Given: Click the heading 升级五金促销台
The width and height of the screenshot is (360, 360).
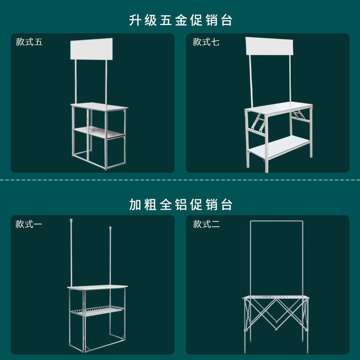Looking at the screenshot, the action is [180, 21].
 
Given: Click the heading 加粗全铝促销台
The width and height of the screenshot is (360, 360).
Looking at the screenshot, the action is [180, 205].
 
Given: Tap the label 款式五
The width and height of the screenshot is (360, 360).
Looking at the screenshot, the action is [29, 42].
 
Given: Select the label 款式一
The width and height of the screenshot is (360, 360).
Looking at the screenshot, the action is [29, 224].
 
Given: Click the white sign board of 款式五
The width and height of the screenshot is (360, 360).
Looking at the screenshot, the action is [91, 49].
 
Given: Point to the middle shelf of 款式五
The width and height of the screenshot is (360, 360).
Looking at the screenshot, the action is [99, 131].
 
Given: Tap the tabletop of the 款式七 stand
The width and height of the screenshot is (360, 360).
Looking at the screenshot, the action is [279, 108].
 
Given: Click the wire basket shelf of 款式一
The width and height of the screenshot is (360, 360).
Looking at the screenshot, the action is [97, 311].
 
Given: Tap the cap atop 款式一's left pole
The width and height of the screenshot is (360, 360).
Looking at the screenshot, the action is [71, 220].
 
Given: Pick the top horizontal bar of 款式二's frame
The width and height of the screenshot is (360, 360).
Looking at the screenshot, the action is [277, 221].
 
